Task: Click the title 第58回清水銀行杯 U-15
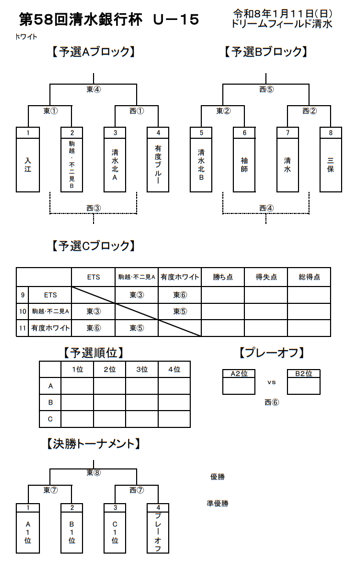coord(109,20)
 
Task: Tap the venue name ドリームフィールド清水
coord(282,24)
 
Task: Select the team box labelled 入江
coord(28,165)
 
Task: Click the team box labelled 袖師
coord(244,165)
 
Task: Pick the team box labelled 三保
coord(331,165)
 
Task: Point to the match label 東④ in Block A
coord(94,89)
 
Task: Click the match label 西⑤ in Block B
coord(266,89)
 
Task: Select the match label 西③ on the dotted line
coord(94,208)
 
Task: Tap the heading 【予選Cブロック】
coord(93,245)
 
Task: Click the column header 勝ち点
coord(223,277)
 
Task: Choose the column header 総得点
coord(309,277)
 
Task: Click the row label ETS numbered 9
coord(50,295)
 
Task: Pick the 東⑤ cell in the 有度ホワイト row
coord(137,328)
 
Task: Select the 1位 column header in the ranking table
coord(77,370)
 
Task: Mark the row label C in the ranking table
coord(50,419)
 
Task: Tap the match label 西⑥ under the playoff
coord(272,403)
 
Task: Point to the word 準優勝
coord(218,503)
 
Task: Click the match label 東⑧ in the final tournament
coord(94,472)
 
